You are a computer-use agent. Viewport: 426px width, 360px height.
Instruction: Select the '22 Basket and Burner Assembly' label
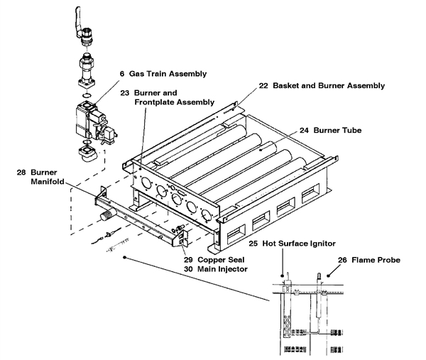click(322, 85)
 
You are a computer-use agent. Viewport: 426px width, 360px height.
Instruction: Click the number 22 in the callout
click(263, 85)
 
